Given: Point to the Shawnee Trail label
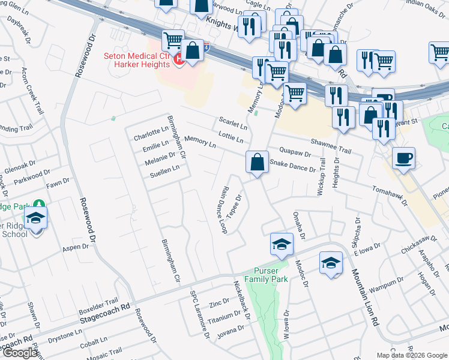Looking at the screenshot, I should click(x=330, y=142).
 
